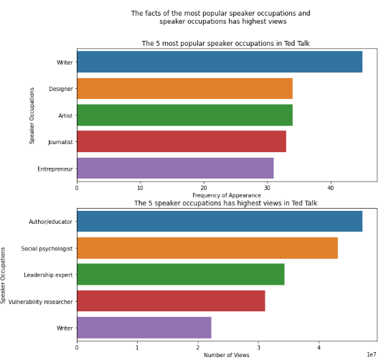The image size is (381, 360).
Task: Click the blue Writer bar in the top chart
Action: pos(219,62)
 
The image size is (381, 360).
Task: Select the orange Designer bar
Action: pos(184,88)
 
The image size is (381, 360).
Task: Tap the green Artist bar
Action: pos(184,115)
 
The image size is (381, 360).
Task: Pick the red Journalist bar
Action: pos(181,141)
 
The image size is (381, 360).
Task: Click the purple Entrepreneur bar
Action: pos(175,168)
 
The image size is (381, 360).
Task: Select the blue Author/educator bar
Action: pos(219,222)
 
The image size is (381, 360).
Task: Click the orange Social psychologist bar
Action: pos(207,248)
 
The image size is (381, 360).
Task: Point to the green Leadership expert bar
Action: pos(180,275)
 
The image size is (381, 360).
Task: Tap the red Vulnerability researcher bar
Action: pos(171,301)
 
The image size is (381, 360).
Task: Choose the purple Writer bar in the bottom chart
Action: pos(144,328)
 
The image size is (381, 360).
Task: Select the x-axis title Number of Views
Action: pos(226,355)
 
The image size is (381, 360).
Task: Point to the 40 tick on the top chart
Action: pos(331,188)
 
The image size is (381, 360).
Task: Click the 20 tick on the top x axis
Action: pos(204,188)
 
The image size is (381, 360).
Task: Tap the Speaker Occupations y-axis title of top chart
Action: pos(32,115)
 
